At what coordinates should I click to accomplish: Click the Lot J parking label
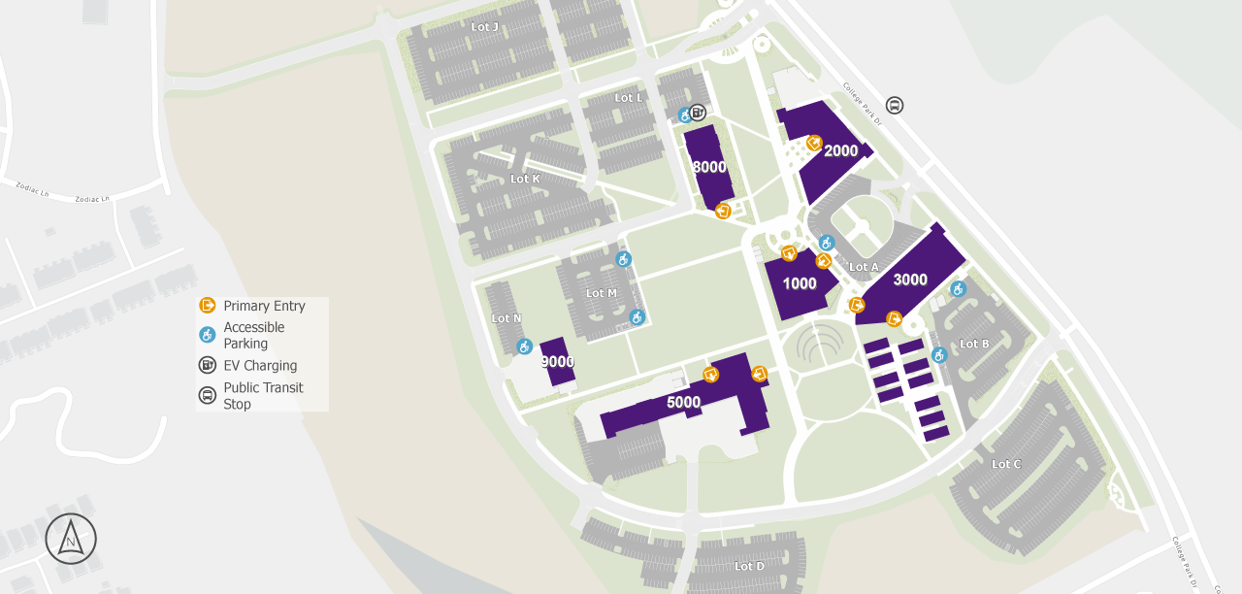click(484, 27)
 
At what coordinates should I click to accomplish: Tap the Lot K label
click(525, 179)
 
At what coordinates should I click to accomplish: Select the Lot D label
click(749, 566)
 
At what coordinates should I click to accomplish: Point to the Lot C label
click(1006, 464)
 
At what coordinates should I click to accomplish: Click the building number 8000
click(709, 167)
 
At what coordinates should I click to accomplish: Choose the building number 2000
click(840, 150)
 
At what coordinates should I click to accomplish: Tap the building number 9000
click(557, 362)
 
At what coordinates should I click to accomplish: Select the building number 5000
click(683, 402)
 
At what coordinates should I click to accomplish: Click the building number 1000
click(800, 283)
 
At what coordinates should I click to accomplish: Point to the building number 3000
click(910, 280)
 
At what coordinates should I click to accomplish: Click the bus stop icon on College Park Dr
click(895, 105)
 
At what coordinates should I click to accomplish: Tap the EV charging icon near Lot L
click(698, 113)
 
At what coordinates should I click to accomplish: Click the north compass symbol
click(71, 539)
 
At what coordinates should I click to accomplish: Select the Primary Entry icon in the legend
click(207, 306)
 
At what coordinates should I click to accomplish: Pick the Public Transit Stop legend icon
click(207, 395)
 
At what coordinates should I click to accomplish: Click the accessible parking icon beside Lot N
click(524, 346)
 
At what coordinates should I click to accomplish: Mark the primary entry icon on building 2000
click(814, 143)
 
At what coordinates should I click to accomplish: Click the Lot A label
click(863, 267)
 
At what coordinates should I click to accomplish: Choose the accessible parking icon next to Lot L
click(684, 115)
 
